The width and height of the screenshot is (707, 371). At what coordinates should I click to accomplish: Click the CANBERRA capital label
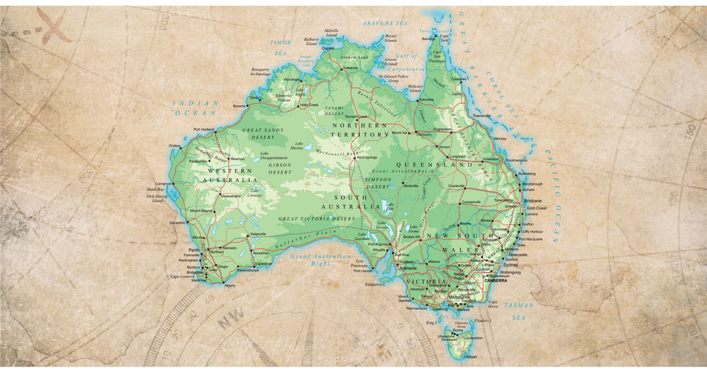(x=496, y=281)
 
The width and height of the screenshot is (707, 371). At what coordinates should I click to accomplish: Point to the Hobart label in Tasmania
(x=471, y=356)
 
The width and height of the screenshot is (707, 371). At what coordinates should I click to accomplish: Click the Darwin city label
(x=328, y=48)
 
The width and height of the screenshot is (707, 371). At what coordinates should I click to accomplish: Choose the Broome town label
(x=239, y=106)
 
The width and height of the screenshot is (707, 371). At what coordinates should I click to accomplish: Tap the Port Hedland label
(x=203, y=129)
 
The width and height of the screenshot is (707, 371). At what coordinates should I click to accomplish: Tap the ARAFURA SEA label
(x=385, y=23)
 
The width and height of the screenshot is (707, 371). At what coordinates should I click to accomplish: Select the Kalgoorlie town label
(x=257, y=234)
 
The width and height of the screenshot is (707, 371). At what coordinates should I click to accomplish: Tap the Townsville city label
(x=483, y=116)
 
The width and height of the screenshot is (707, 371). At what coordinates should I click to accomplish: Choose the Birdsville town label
(x=411, y=186)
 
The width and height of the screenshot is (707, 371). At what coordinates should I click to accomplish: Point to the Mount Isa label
(x=400, y=133)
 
